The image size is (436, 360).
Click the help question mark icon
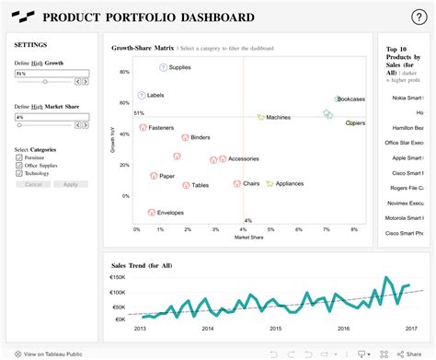418,17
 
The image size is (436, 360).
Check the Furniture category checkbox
19,157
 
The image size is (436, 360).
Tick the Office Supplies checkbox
19,166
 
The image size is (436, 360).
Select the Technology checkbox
19,174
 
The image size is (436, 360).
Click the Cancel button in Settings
33,184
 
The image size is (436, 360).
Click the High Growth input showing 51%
52,73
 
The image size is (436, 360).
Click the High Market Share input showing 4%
52,118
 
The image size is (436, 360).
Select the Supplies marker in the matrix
163,67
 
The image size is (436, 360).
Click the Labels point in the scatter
141,95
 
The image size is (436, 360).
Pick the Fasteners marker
143,127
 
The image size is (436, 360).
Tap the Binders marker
185,137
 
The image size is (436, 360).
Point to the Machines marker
260,118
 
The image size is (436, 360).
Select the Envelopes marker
152,213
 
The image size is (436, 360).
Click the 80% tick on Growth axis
124,72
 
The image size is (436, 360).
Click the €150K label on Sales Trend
117,277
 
